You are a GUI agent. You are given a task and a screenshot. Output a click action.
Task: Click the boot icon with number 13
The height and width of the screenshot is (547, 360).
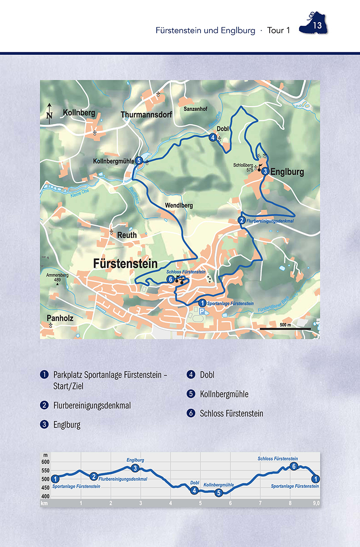click(314, 24)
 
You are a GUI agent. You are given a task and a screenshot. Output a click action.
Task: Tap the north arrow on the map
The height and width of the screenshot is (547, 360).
click(49, 112)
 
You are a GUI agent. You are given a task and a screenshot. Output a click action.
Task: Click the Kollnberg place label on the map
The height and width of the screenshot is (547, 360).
click(79, 113)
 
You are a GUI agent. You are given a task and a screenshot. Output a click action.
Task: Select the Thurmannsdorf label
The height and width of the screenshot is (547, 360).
click(146, 115)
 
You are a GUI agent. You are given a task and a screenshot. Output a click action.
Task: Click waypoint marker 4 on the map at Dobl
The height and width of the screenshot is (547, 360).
click(213, 137)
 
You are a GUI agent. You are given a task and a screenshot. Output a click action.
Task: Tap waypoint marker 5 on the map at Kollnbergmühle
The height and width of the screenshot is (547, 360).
click(139, 160)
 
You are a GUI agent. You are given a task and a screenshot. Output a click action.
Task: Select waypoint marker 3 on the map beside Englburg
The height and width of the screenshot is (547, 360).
click(265, 171)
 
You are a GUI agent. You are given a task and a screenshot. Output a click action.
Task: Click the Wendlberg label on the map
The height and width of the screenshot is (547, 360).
click(179, 206)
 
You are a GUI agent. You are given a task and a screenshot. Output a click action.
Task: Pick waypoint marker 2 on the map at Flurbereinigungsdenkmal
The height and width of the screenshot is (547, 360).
click(242, 220)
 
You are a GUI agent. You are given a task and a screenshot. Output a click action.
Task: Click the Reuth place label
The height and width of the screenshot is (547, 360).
click(127, 235)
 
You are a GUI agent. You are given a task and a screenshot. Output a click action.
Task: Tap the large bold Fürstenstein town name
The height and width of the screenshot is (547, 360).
click(125, 263)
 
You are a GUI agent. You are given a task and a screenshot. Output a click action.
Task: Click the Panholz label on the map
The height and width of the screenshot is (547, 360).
click(60, 318)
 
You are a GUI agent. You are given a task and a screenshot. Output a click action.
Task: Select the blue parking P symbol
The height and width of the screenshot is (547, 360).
click(201, 312)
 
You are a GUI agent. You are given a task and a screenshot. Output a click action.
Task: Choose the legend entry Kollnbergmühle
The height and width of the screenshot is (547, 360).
click(224, 394)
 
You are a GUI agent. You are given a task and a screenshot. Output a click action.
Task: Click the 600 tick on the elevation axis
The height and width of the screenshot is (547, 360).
click(45, 462)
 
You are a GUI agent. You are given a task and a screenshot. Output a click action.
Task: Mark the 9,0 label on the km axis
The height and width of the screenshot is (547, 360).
click(316, 503)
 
